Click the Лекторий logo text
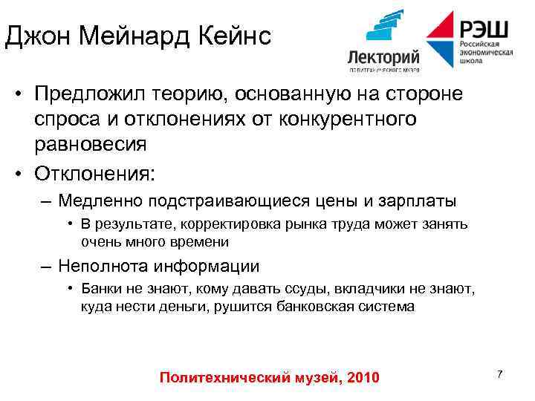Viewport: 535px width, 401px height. pyautogui.click(x=383, y=56)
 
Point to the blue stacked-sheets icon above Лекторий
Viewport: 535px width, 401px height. pyautogui.click(x=385, y=27)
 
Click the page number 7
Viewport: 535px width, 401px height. pyautogui.click(x=500, y=374)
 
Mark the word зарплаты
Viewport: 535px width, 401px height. pyautogui.click(x=423, y=200)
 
